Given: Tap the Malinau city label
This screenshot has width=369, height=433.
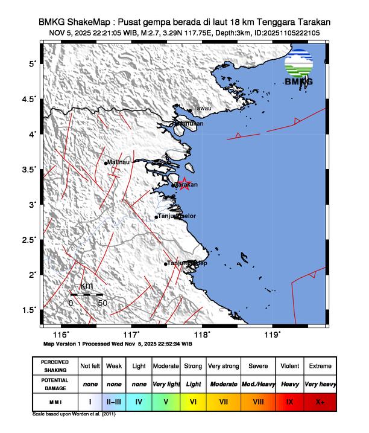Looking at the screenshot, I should click(x=118, y=162).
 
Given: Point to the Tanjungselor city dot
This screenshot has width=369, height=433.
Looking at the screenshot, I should click(x=156, y=217).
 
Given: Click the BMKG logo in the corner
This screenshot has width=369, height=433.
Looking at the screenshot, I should click(x=299, y=68).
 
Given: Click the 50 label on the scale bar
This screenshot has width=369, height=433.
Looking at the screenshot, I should click(x=102, y=303).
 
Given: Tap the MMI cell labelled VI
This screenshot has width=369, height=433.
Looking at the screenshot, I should click(x=192, y=400).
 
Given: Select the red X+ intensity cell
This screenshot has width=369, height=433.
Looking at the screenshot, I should click(x=320, y=400).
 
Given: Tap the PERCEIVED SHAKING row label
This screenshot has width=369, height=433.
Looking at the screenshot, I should click(x=55, y=366).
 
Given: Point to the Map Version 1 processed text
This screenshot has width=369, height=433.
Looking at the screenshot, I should click(x=118, y=343).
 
